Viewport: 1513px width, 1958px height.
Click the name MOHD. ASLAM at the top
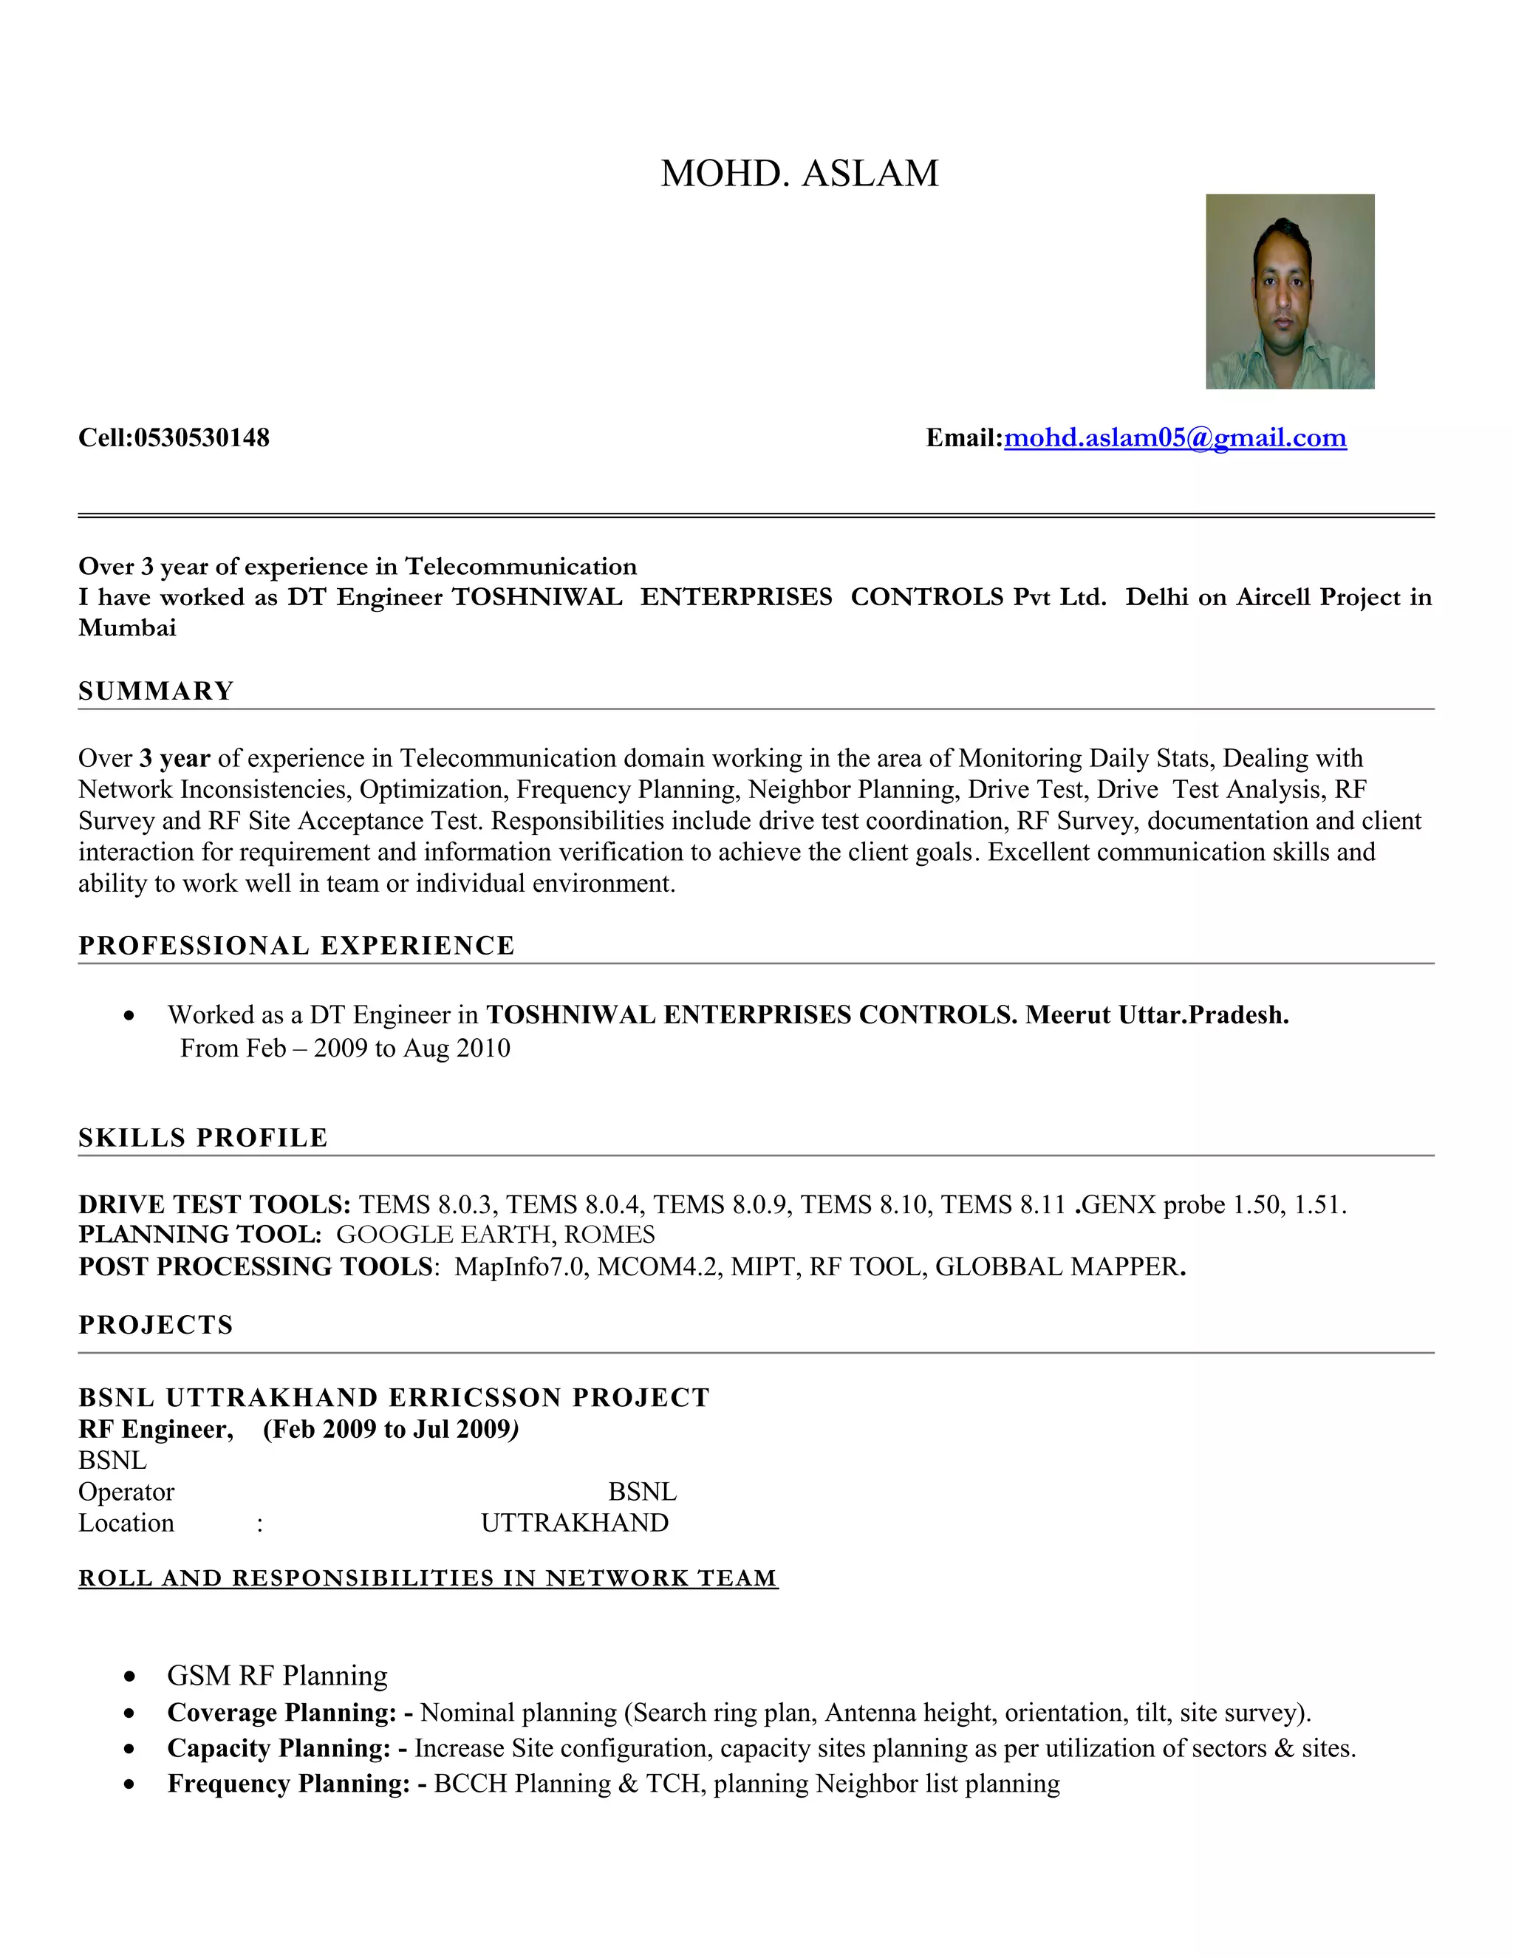tap(799, 173)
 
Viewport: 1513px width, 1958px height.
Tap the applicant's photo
tap(1289, 291)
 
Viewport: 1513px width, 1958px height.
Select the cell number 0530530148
tap(202, 437)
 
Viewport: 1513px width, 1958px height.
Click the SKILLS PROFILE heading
tap(203, 1137)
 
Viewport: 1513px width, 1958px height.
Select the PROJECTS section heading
tap(156, 1324)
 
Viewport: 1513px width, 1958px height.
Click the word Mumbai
tap(127, 627)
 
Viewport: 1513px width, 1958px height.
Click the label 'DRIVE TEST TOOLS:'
tap(214, 1204)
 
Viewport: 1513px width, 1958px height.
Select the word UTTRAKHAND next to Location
tap(575, 1522)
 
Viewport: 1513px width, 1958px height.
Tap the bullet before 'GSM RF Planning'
tap(131, 1676)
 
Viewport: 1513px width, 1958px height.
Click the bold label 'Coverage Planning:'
tap(281, 1713)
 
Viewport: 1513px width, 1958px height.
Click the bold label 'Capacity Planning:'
tap(279, 1747)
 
